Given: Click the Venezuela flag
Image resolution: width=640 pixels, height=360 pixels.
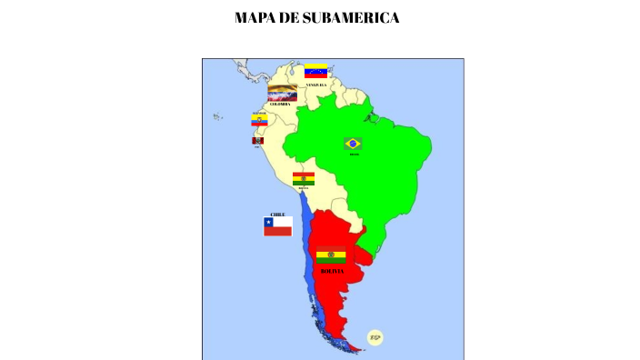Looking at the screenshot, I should pos(315,70).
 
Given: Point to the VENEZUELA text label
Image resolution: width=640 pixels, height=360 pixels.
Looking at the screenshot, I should pos(315,85).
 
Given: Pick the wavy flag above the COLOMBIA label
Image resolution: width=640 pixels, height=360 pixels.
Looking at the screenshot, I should pos(282,93).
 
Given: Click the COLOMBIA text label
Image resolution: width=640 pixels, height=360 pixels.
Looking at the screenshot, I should pos(280,104).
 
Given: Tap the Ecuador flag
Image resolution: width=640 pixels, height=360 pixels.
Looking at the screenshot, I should pos(260,120).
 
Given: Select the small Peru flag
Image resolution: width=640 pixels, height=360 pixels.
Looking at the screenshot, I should pos(257,141).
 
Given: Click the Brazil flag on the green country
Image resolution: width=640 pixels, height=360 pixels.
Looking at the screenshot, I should pos(353,144).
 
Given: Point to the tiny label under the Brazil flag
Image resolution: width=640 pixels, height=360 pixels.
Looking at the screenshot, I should pos(354,155).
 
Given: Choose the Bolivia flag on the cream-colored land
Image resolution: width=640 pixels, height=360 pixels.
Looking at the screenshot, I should pos(304,178).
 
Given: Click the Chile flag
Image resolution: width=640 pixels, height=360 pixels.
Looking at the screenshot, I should pos(277,226).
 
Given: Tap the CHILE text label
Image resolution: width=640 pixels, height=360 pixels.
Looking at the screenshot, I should pos(277,214).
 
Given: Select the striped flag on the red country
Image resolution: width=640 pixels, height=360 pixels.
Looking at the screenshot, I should pos(331,256).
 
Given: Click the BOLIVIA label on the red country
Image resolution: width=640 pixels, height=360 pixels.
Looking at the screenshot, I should pos(333,271).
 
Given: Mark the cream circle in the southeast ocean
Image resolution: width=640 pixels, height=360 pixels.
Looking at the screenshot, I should pos(375,337).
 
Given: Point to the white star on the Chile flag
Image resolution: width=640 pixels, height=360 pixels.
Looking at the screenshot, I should pos(269,222).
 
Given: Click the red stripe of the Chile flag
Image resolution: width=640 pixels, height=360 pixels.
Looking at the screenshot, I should pos(278,232).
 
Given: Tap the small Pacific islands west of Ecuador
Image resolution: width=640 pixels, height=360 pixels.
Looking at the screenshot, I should pos(218,116).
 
